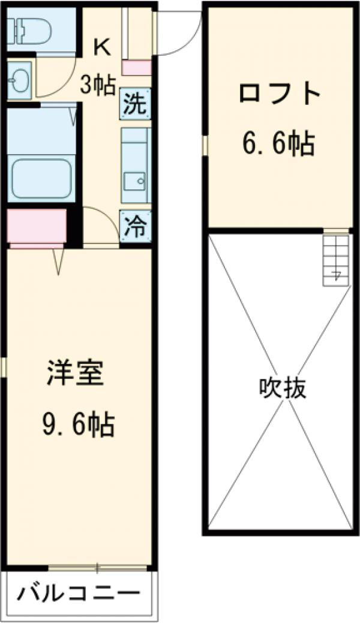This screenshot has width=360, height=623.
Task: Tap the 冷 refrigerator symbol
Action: [x=135, y=226]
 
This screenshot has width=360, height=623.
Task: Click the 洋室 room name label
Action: [x=76, y=374]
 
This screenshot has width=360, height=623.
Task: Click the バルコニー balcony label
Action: [x=78, y=595]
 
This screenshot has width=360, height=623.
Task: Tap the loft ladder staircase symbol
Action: [x=335, y=259]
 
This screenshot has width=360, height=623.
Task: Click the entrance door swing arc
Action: [x=180, y=36]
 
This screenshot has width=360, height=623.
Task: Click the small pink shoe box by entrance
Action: [x=137, y=68]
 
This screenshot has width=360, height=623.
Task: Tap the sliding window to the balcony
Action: [x=97, y=567]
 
